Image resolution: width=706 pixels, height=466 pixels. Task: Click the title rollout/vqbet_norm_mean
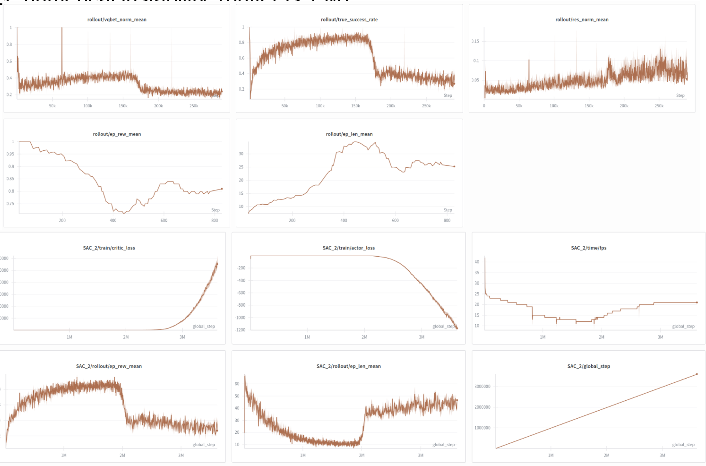pos(117,20)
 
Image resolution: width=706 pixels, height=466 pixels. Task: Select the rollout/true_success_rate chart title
pos(349,20)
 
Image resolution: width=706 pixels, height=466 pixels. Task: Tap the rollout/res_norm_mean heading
pos(582,20)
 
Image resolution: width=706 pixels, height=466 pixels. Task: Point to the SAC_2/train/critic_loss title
pos(109,248)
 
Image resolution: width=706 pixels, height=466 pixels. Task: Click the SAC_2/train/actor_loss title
pos(348,248)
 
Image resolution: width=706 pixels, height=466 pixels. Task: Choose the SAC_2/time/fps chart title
pos(588,248)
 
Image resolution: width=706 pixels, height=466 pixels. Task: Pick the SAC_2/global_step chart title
pos(588,366)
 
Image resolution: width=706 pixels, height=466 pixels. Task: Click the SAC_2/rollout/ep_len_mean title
pos(348,366)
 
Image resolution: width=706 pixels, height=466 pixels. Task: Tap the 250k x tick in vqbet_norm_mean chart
pos(194,106)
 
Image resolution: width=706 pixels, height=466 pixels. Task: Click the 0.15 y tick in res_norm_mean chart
pos(475,42)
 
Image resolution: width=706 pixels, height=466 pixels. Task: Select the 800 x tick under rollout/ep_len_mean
pos(447,221)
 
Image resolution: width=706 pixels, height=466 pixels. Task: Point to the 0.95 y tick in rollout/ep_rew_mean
pos(10,154)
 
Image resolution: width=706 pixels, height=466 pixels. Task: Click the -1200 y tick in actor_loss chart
pos(241,330)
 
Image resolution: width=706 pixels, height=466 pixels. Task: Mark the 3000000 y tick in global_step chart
pos(482,387)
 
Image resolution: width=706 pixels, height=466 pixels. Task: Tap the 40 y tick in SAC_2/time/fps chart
pos(477,262)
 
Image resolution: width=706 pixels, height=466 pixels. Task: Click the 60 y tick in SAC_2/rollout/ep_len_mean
pos(237,384)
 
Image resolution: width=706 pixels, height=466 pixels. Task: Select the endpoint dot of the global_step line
pos(697,374)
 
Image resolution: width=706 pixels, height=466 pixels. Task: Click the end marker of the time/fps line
pos(697,302)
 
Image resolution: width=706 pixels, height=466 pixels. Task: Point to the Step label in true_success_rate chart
pos(448,95)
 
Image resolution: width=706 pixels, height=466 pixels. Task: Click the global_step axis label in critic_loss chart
pos(204,327)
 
